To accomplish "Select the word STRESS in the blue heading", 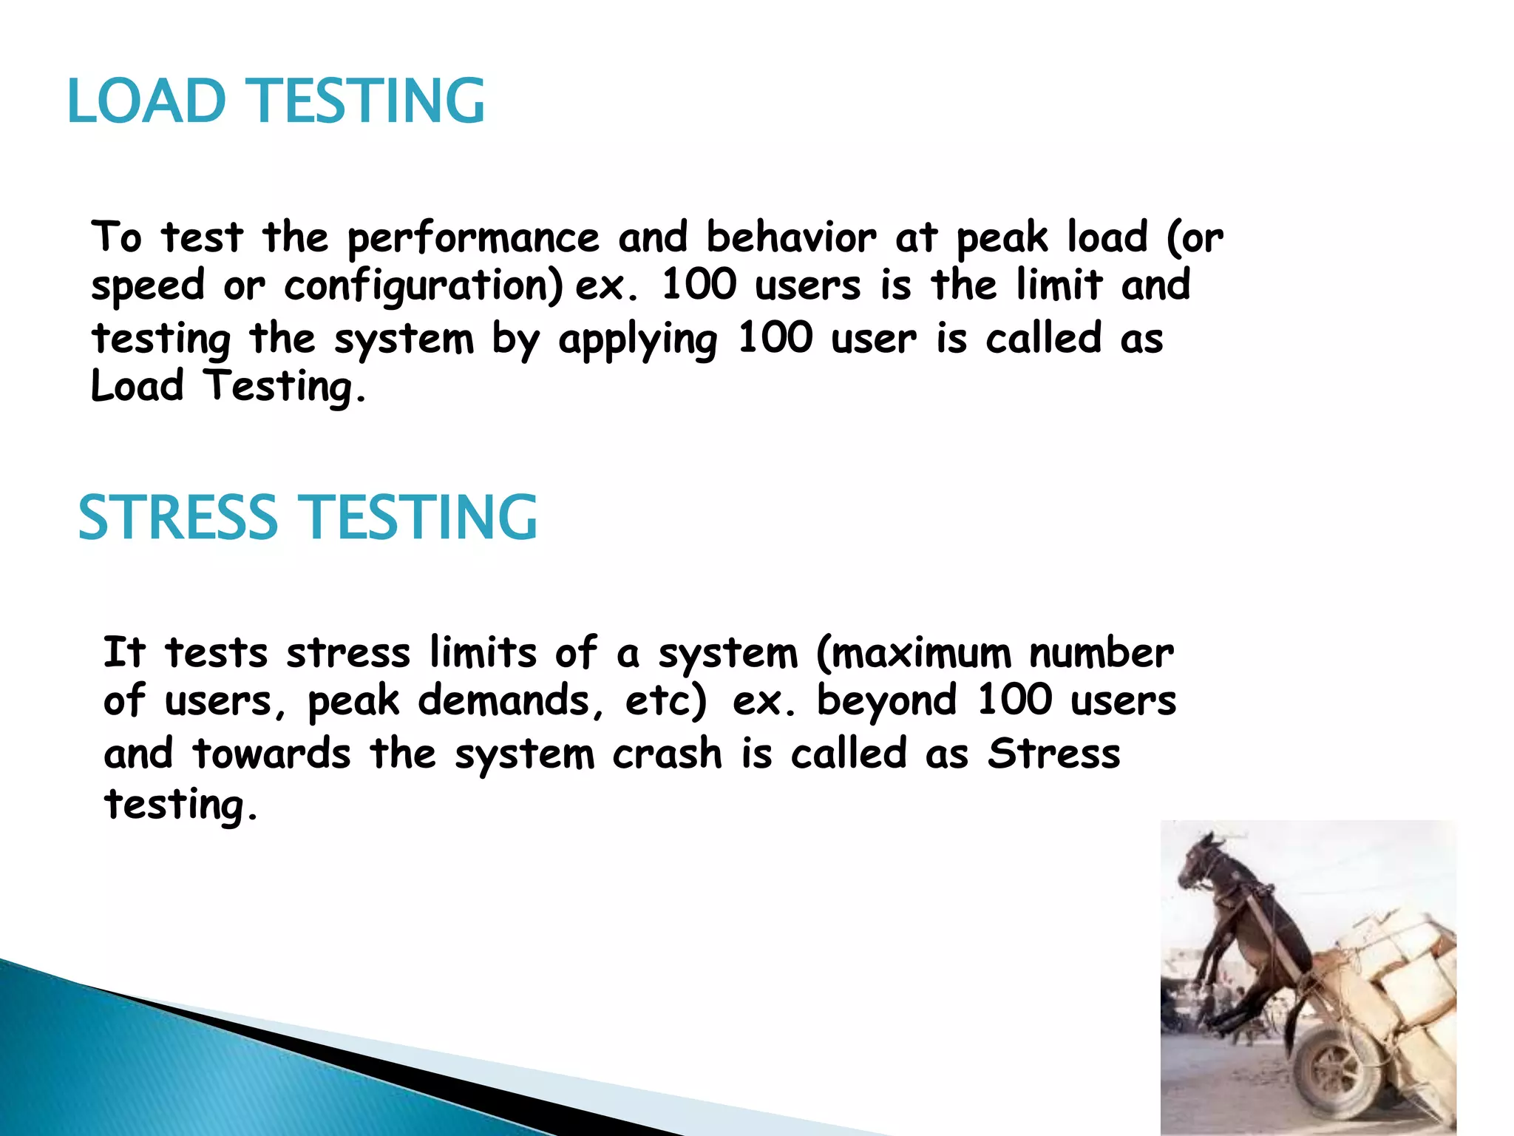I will click(177, 518).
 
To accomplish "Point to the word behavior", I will click(791, 238).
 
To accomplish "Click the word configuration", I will click(423, 287).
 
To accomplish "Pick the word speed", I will click(148, 287).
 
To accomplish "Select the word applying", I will click(637, 340).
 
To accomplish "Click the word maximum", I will click(914, 654).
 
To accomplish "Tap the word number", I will click(1101, 654).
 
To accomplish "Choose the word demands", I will click(510, 701).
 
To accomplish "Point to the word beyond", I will click(886, 701).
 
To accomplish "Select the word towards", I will click(271, 754).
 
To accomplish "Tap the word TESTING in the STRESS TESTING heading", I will click(421, 518).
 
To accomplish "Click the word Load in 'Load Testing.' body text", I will click(137, 386).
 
